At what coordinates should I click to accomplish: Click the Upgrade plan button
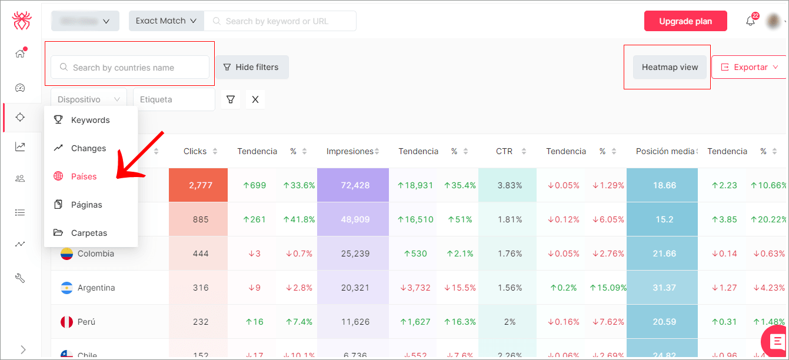(x=685, y=21)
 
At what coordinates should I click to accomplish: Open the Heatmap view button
(x=670, y=67)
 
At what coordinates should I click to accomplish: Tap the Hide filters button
(x=251, y=67)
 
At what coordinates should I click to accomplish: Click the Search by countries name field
(x=130, y=68)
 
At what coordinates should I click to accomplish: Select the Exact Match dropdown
(x=166, y=21)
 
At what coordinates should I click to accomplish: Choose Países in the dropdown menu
(x=84, y=176)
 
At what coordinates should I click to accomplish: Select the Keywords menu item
(x=90, y=120)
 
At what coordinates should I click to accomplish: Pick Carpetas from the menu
(x=89, y=233)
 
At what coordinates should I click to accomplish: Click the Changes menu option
(x=88, y=148)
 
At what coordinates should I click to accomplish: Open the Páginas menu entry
(x=86, y=205)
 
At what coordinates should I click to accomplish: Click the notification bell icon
(x=750, y=21)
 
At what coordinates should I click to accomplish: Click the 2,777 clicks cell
(x=198, y=185)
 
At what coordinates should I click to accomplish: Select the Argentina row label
(x=96, y=288)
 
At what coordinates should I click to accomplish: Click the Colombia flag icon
(x=66, y=254)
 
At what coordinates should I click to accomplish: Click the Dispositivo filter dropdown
(x=89, y=99)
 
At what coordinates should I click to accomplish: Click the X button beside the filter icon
(x=255, y=99)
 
